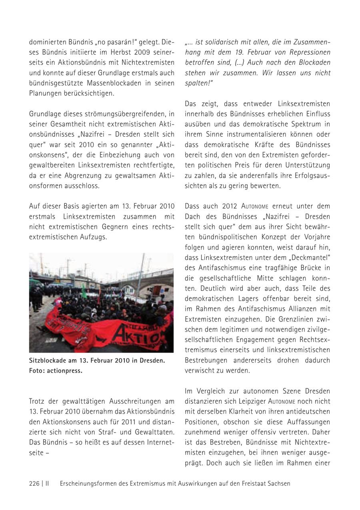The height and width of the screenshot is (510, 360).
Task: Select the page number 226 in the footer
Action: (34, 483)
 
